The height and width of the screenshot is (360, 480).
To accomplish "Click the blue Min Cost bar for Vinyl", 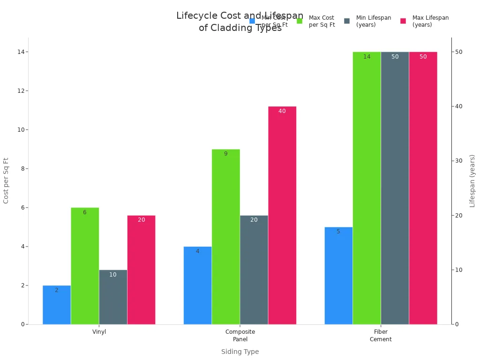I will pos(57,305).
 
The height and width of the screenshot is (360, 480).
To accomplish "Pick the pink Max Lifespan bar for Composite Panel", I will pos(282,215).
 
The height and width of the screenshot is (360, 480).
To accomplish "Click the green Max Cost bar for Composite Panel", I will pos(225,237).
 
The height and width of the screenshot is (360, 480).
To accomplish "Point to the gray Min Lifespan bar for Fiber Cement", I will pos(395,188).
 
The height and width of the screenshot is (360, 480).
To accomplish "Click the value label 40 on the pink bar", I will pos(282,111).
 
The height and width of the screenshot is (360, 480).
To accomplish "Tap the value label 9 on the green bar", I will pos(225,154).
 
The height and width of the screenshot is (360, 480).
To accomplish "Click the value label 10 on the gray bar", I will pos(113,275).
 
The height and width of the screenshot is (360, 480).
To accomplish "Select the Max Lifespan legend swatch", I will pos(403,21).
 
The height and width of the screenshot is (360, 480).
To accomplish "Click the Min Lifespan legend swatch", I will pos(347,21).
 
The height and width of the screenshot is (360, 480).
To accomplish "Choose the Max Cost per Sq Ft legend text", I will pos(322,21).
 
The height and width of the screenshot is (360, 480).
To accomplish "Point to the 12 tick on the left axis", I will pos(21,90).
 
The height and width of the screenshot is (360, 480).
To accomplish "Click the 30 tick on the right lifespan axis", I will pos(460,161).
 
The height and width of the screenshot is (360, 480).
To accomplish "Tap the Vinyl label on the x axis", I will pos(99,332).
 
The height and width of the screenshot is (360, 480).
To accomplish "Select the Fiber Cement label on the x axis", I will pos(381,336).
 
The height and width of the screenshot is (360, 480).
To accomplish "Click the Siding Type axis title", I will pos(240,352).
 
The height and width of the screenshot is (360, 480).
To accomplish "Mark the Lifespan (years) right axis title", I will pos(472,180).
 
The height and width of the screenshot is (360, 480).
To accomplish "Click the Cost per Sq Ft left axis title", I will pos(6,180).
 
